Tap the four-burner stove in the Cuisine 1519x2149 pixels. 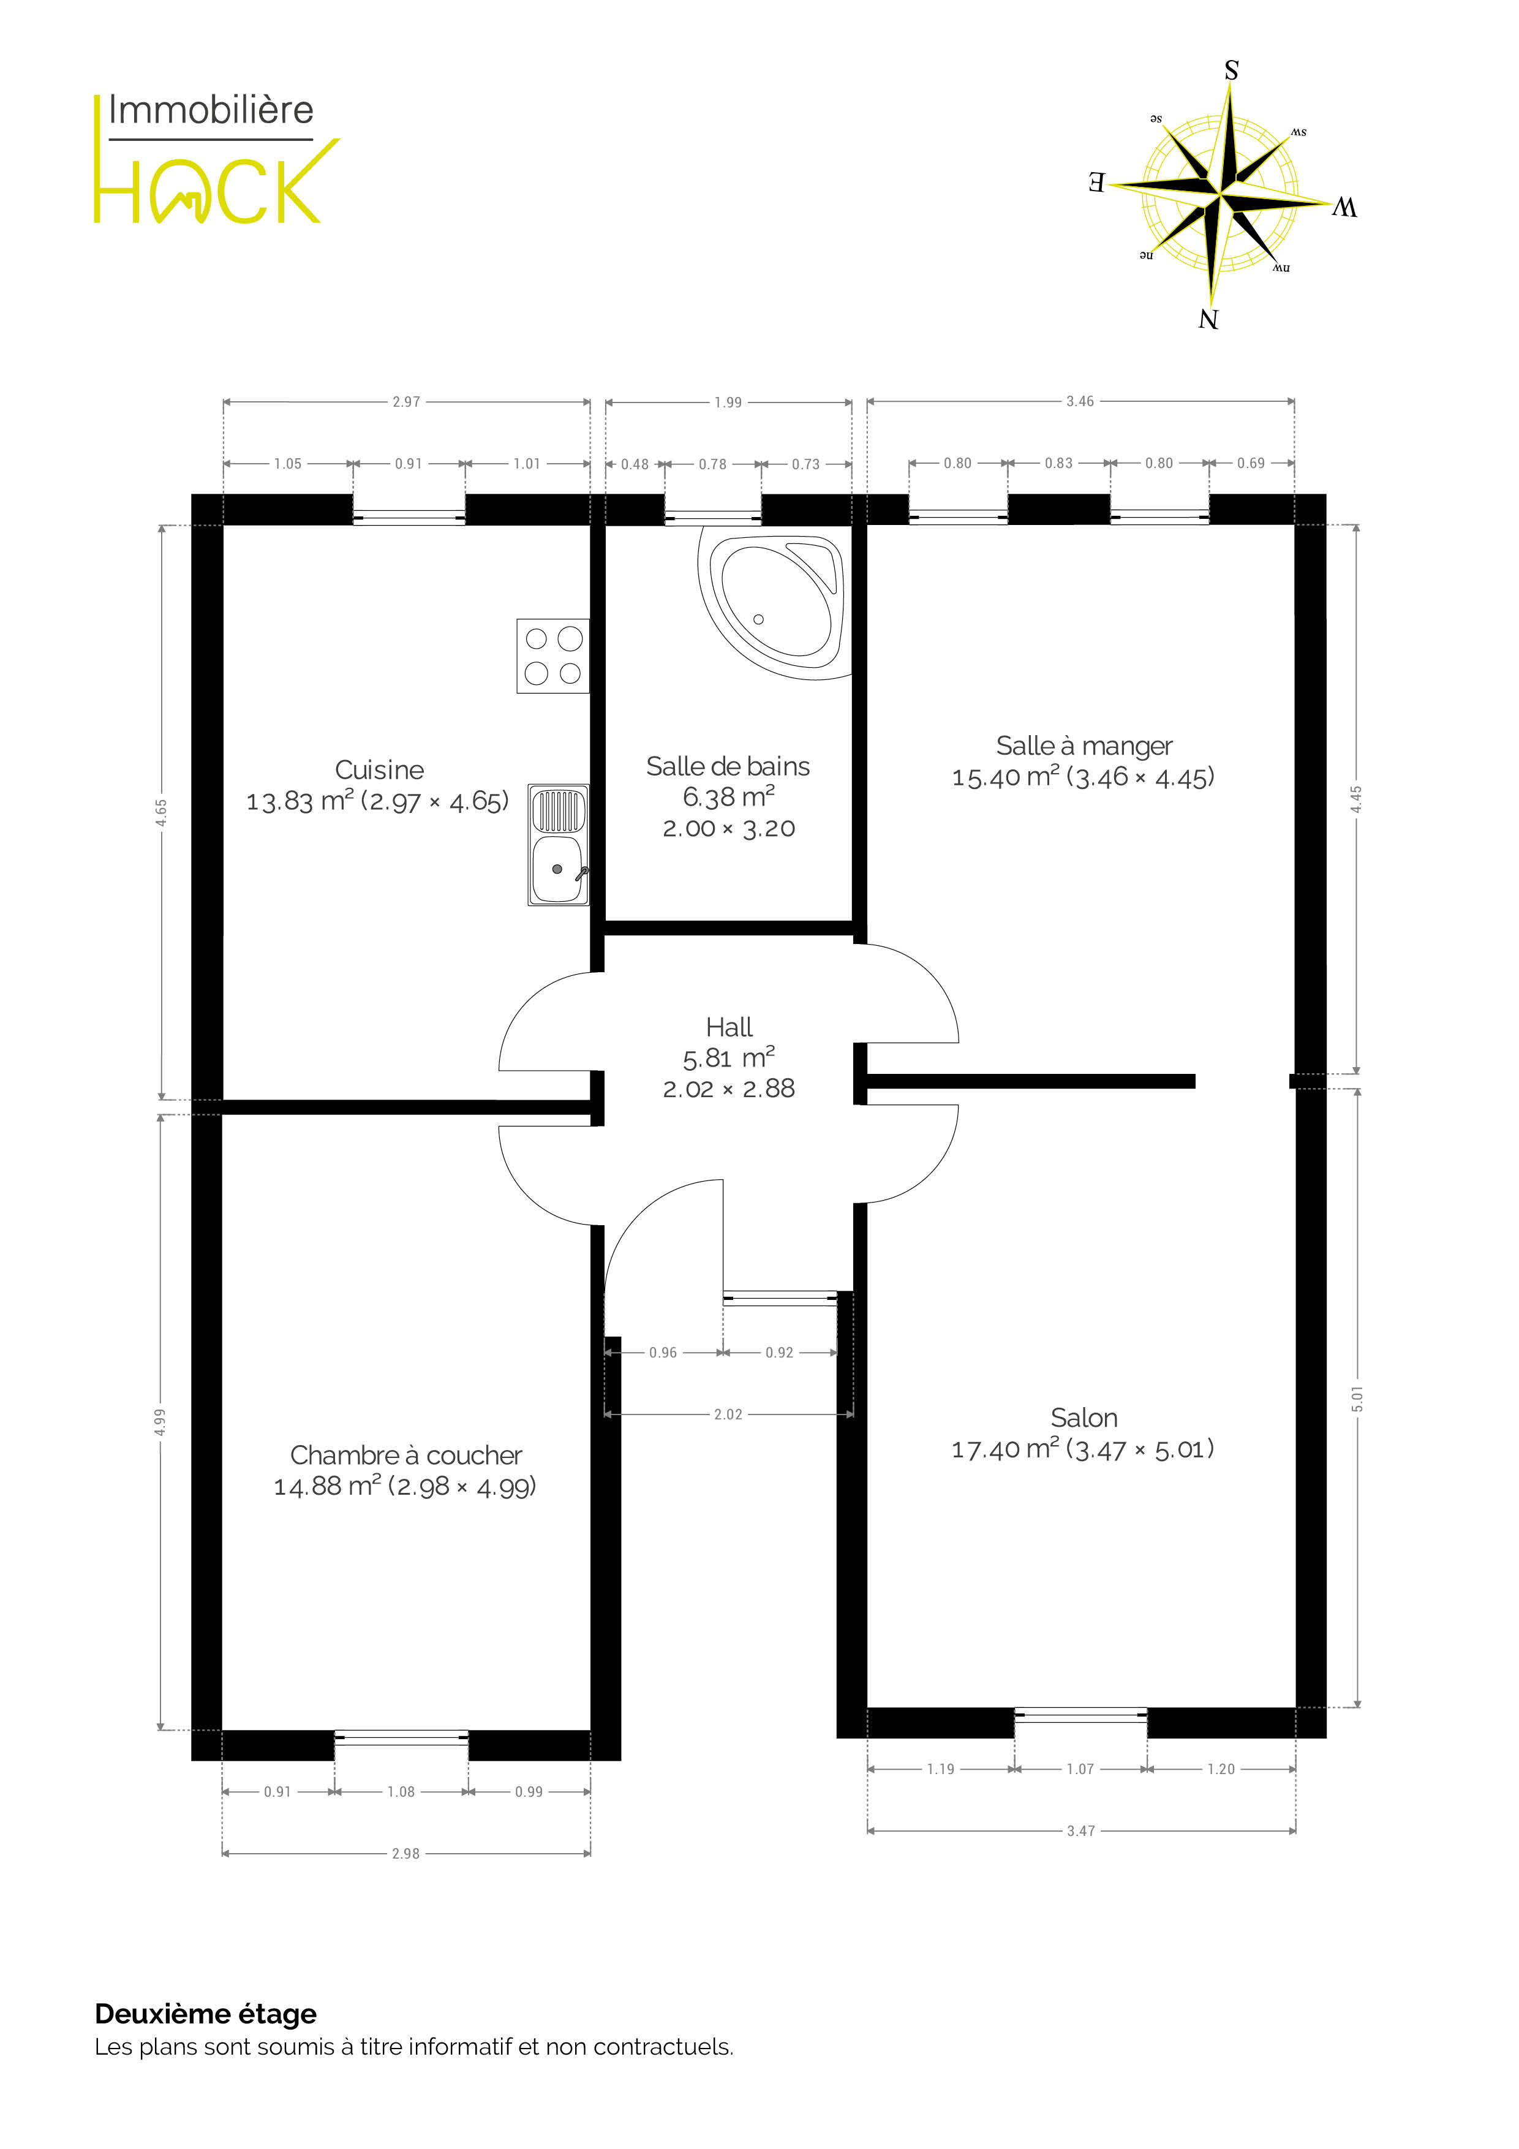pyautogui.click(x=553, y=655)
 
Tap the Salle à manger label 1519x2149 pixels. pyautogui.click(x=1084, y=746)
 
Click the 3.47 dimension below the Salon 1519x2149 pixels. pyautogui.click(x=1081, y=1831)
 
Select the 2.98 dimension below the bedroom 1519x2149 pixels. pyautogui.click(x=406, y=1853)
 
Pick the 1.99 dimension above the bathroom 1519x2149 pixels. pyautogui.click(x=728, y=402)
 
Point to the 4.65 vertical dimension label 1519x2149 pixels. pyautogui.click(x=162, y=812)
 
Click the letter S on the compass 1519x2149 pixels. pyautogui.click(x=1232, y=70)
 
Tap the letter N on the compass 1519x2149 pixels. pyautogui.click(x=1208, y=319)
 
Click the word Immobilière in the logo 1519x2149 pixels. pyautogui.click(x=211, y=110)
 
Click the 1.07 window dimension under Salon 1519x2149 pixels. pyautogui.click(x=1080, y=1769)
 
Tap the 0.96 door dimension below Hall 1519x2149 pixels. pyautogui.click(x=663, y=1353)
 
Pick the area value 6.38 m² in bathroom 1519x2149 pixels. pyautogui.click(x=729, y=796)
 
